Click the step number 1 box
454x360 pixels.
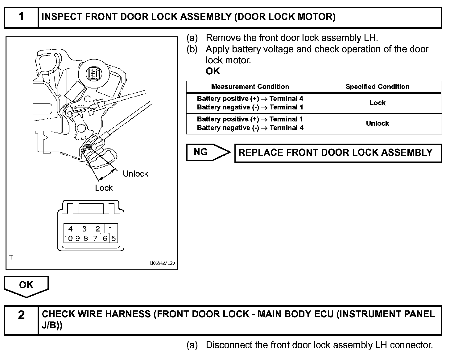pos(21,17)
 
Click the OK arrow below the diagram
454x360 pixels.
pos(26,285)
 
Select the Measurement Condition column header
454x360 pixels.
pos(250,87)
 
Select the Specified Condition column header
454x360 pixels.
pos(377,87)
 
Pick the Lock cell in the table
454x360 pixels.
pos(377,103)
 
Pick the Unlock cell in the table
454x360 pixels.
pos(377,124)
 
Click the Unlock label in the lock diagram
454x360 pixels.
pos(135,174)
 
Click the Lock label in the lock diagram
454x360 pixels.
pos(104,188)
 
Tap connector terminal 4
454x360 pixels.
pos(70,229)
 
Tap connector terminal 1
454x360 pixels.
pos(110,229)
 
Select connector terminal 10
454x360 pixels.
pos(68,238)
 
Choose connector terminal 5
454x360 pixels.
pos(113,238)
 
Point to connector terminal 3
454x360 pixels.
pos(84,229)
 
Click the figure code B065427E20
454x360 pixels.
pos(163,264)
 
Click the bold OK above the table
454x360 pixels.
pos(213,71)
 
